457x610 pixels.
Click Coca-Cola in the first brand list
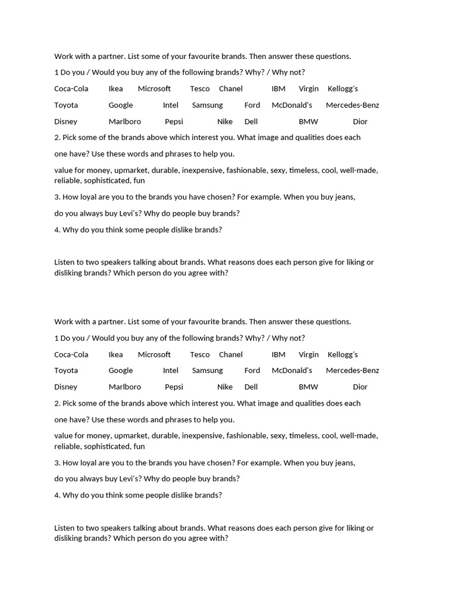(x=71, y=89)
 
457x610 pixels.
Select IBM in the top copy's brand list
(x=278, y=89)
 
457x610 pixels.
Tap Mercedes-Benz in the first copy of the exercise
(x=352, y=105)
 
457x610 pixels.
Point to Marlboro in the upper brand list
(x=125, y=122)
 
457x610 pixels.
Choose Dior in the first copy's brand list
(x=360, y=122)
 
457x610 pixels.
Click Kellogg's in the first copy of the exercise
(x=343, y=89)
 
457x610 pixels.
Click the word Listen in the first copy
(x=65, y=262)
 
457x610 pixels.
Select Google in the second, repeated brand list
(x=121, y=371)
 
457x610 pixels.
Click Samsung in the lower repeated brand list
(x=208, y=371)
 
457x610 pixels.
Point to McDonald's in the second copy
(x=292, y=371)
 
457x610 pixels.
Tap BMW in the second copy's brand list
(x=308, y=387)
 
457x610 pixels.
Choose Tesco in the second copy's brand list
(x=200, y=354)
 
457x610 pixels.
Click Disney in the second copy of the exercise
(x=66, y=387)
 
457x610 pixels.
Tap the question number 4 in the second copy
(x=57, y=495)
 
